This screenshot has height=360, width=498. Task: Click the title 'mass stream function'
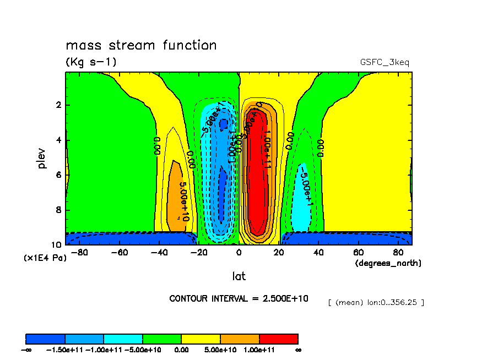click(x=141, y=45)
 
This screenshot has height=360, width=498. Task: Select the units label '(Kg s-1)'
click(x=91, y=62)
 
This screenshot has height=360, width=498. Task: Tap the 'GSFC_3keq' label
click(x=385, y=62)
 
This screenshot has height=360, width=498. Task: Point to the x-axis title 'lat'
click(x=239, y=276)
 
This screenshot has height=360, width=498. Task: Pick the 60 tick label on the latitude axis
click(x=359, y=253)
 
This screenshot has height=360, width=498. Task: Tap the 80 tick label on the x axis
click(x=398, y=253)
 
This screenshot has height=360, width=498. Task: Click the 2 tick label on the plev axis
click(x=58, y=105)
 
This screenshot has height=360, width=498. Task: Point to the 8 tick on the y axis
click(x=58, y=210)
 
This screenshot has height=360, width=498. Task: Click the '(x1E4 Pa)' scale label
click(x=45, y=258)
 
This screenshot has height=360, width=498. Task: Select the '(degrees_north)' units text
click(x=388, y=263)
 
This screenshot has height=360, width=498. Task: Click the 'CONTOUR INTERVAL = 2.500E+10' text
click(x=239, y=298)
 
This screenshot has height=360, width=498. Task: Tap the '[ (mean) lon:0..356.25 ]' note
click(x=376, y=302)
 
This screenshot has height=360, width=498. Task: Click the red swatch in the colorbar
click(x=278, y=339)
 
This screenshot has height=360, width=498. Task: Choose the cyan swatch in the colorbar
click(x=123, y=339)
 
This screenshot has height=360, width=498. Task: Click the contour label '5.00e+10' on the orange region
click(x=185, y=201)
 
